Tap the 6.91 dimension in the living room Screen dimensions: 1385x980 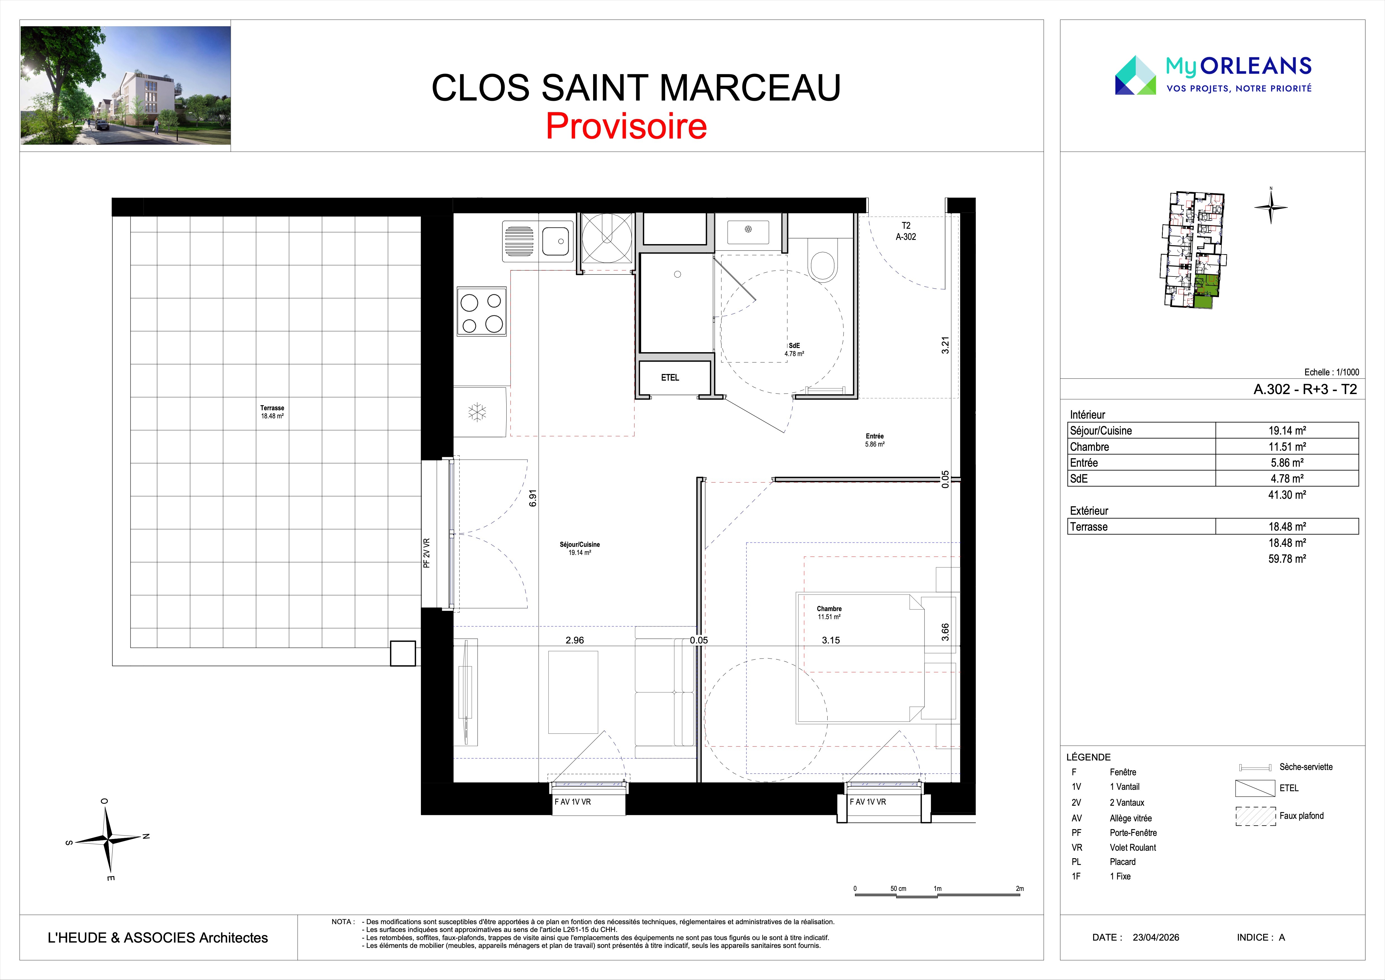click(x=532, y=498)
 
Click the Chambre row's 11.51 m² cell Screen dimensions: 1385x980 click(x=1287, y=447)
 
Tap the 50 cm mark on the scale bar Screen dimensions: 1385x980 click(x=898, y=889)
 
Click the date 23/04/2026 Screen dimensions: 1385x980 click(x=1156, y=937)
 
